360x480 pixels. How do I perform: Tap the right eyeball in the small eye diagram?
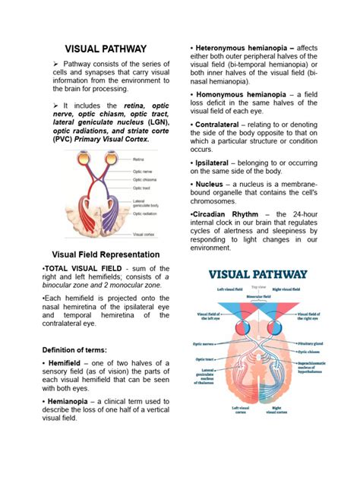point(111,159)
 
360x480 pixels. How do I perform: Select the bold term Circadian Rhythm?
point(224,214)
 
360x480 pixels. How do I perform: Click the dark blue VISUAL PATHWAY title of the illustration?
point(258,275)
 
